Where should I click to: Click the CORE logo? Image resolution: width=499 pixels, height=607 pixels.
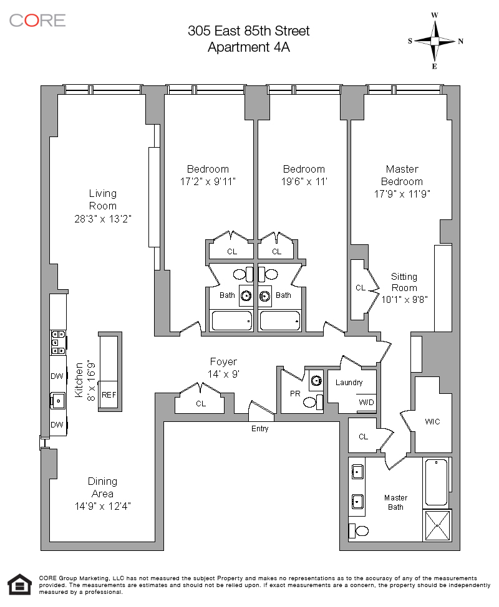(x=37, y=20)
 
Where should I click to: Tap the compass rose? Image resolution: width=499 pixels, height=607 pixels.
(x=435, y=41)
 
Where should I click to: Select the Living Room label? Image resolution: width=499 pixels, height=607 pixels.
(x=102, y=199)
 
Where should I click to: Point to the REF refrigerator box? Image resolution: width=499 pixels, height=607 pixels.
(x=109, y=394)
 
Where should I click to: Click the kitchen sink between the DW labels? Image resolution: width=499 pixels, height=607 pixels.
(x=59, y=400)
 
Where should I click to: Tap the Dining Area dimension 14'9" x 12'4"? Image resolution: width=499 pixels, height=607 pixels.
(x=102, y=506)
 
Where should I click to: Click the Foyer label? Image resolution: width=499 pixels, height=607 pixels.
(x=223, y=362)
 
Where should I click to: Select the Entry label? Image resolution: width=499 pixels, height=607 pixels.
(x=259, y=429)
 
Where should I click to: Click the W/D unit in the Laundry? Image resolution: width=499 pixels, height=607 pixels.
(x=366, y=402)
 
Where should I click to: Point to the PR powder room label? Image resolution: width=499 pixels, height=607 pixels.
(x=296, y=394)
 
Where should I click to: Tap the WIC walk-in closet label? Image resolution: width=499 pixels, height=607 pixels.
(x=432, y=422)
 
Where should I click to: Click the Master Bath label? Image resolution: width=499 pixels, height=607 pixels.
(x=395, y=502)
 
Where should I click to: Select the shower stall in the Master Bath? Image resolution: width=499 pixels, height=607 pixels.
(x=437, y=527)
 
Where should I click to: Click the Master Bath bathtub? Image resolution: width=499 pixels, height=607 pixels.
(x=436, y=482)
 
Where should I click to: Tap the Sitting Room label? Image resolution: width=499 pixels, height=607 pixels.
(x=404, y=282)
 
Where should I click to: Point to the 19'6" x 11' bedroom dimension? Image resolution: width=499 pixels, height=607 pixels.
(x=304, y=181)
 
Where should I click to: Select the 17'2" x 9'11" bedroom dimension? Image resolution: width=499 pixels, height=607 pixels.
(x=208, y=181)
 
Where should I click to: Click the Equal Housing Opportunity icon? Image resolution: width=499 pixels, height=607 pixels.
(x=20, y=584)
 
